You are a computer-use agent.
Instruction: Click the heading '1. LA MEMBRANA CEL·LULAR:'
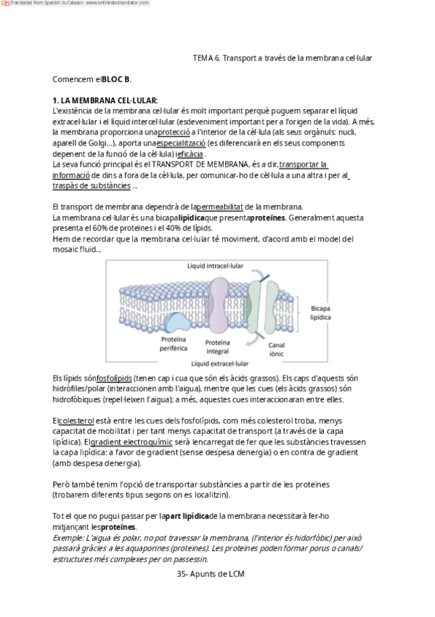[x=105, y=100]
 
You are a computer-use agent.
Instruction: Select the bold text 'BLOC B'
[x=115, y=79]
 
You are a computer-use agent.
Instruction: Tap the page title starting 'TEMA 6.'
[x=282, y=58]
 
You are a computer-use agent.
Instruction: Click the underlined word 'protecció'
[x=174, y=132]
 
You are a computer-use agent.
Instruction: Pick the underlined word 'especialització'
[x=181, y=143]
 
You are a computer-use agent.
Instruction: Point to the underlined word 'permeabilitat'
[x=219, y=207]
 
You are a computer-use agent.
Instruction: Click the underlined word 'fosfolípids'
[x=114, y=378]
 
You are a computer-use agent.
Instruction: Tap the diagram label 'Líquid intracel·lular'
[x=215, y=266]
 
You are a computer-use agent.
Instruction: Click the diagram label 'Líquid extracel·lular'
[x=220, y=364]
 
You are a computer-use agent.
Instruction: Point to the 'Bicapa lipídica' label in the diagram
[x=320, y=313]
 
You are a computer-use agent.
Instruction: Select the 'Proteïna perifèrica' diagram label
[x=174, y=343]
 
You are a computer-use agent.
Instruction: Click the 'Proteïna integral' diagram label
[x=218, y=347]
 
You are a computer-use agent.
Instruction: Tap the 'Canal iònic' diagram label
[x=277, y=349]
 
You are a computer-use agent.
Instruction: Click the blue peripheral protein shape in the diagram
[x=177, y=322]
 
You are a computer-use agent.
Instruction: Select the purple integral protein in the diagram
[x=219, y=306]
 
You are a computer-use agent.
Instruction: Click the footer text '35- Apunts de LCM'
[x=211, y=574]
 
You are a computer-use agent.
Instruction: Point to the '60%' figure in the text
[x=100, y=228]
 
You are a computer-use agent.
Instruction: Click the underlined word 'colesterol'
[x=76, y=421]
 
